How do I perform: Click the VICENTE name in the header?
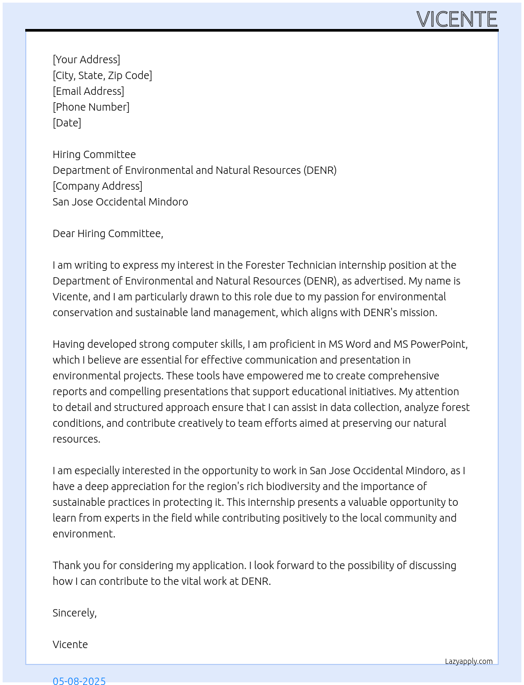point(457,19)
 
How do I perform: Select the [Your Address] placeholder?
point(86,60)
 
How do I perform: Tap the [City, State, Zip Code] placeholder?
point(102,75)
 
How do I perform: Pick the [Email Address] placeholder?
point(88,91)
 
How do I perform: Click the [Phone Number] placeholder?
point(91,107)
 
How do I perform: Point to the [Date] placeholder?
point(67,123)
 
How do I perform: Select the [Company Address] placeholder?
point(97,186)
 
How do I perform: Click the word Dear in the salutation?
point(64,233)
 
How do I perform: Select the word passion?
point(341,297)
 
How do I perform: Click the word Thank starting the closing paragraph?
point(66,565)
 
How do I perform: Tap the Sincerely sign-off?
point(74,613)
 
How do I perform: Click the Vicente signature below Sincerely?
point(70,644)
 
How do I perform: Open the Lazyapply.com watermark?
point(469,661)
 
